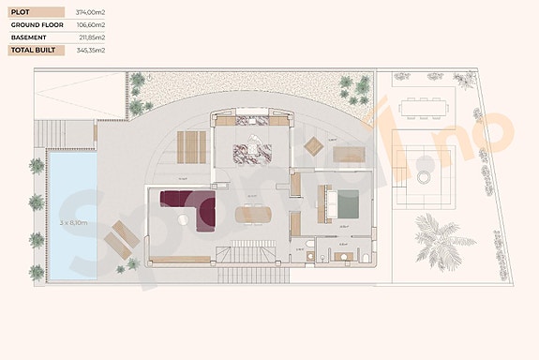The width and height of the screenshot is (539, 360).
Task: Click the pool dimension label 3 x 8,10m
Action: point(72,223)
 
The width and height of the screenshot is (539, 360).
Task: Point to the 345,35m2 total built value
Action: point(89,49)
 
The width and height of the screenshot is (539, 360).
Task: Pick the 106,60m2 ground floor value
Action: point(89,24)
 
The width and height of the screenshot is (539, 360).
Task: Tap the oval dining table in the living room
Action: point(251,215)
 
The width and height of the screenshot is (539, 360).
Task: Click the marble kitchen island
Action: point(252,147)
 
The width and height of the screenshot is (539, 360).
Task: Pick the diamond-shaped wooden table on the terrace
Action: point(314,146)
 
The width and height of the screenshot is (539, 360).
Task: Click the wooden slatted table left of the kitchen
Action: point(193,145)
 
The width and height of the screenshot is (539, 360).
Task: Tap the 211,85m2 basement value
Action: point(89,37)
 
